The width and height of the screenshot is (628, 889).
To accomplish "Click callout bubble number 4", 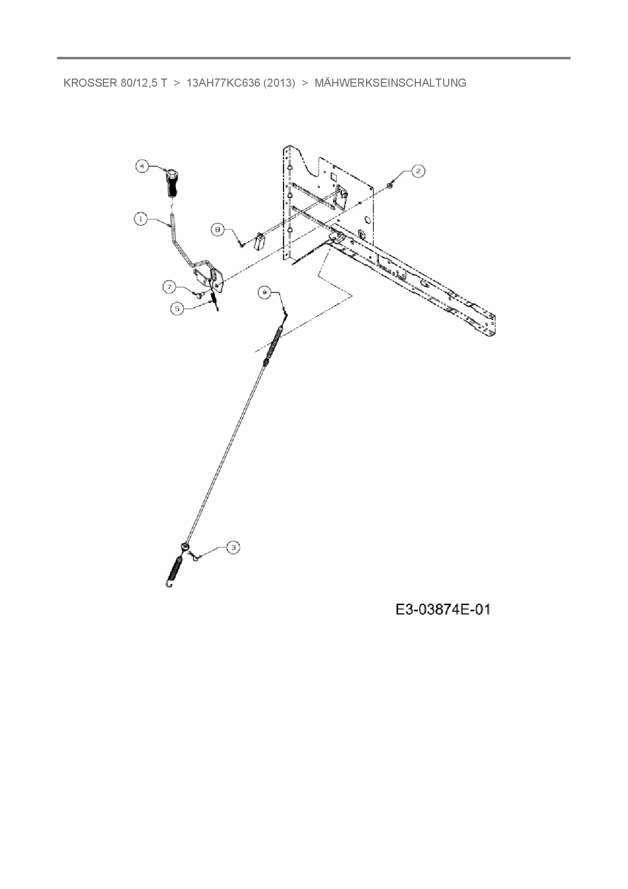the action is [142, 166].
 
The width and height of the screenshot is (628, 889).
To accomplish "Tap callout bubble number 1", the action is [141, 219].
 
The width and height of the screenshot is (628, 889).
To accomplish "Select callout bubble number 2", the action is [418, 171].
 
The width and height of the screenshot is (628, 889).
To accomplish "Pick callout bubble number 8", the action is [218, 230].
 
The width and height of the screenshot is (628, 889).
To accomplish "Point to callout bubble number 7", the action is [170, 287].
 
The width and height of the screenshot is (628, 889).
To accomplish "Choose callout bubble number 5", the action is [177, 308].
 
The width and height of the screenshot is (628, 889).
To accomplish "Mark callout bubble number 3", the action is [232, 547].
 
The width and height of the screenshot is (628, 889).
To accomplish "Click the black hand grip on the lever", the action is [171, 186].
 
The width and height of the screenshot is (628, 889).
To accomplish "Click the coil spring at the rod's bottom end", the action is [175, 571].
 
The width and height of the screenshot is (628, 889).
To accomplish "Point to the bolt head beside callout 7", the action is [200, 292].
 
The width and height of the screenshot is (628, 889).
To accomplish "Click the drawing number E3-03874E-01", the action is [443, 609].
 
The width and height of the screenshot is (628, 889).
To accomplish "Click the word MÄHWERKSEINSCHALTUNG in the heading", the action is [390, 83].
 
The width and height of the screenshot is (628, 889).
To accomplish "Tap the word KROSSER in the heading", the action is [90, 83].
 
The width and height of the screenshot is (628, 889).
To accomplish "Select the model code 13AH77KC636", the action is [223, 83].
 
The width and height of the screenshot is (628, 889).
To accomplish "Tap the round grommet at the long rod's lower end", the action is [185, 546].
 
